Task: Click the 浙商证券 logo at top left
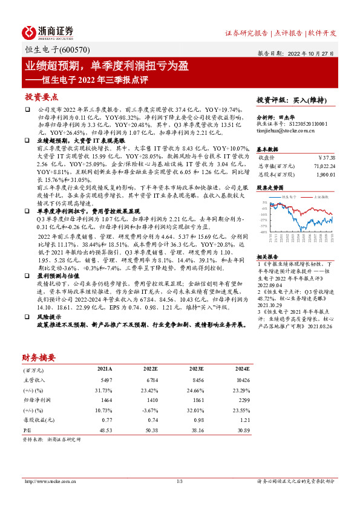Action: click(48, 32)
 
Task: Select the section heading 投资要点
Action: click(42, 97)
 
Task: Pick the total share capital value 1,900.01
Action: click(324, 174)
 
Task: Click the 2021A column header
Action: click(105, 368)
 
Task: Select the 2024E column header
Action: click(241, 368)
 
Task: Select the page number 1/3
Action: click(180, 481)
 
